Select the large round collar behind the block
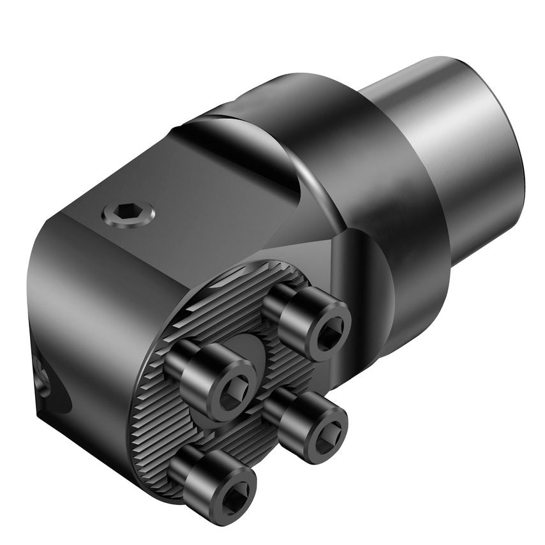[357, 160]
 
